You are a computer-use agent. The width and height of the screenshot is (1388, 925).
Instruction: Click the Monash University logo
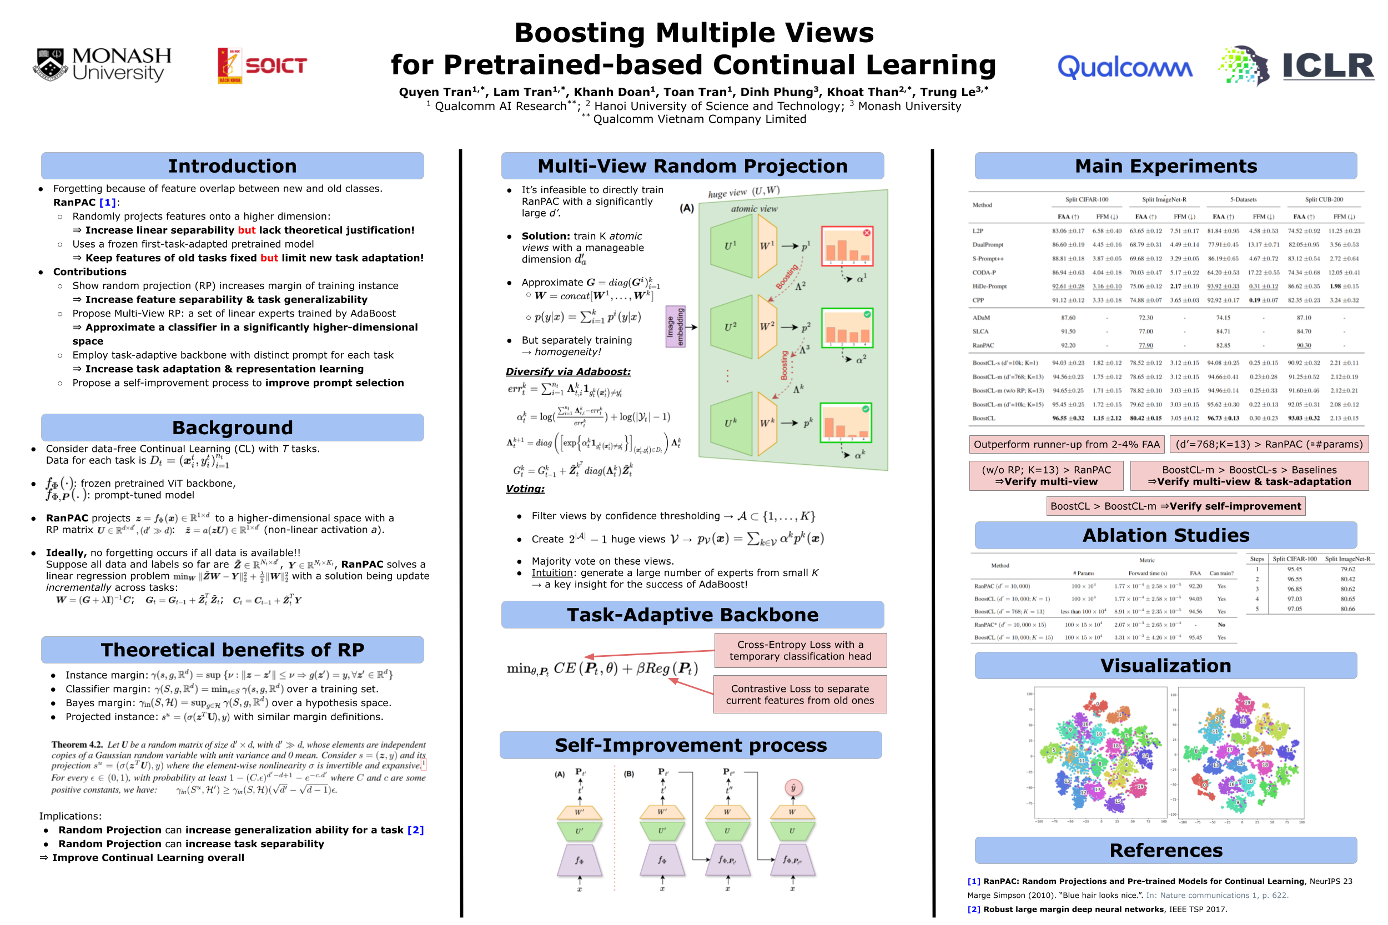tap(102, 64)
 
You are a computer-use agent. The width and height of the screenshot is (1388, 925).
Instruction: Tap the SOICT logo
tap(262, 65)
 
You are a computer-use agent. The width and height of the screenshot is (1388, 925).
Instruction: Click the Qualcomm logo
tap(1124, 67)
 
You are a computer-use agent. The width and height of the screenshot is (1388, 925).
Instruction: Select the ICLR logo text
tap(1327, 66)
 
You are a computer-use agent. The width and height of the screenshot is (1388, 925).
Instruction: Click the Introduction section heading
tap(232, 166)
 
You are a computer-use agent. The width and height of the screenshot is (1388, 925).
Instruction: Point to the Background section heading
tap(232, 427)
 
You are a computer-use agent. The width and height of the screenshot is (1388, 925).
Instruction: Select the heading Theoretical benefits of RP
tap(232, 650)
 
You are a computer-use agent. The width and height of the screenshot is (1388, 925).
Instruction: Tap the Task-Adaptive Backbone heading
tap(692, 615)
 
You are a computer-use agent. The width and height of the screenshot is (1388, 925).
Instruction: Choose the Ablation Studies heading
tap(1165, 535)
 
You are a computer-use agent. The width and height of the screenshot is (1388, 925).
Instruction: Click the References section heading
tap(1165, 850)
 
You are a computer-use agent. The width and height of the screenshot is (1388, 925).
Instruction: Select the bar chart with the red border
tap(847, 246)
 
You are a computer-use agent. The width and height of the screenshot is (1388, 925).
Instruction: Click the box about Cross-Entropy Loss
tap(799, 650)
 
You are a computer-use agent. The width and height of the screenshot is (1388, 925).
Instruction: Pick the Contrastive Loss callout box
tap(799, 695)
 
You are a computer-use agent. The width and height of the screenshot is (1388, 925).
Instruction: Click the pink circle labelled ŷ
tap(793, 787)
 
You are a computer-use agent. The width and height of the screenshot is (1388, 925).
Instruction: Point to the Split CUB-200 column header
tap(1323, 199)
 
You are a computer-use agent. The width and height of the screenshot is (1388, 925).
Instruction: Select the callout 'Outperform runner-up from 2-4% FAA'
tap(1066, 444)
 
